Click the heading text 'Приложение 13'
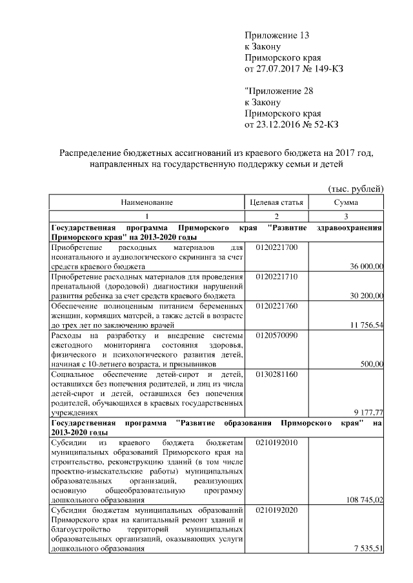coord(273,35)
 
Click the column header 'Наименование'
coord(146,202)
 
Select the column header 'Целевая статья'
coord(276,202)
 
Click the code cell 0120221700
coord(276,247)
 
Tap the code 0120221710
coord(276,276)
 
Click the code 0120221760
coord(276,305)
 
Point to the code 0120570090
coord(276,335)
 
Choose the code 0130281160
coord(276,374)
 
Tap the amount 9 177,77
coord(368,412)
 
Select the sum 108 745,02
coord(365,499)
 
